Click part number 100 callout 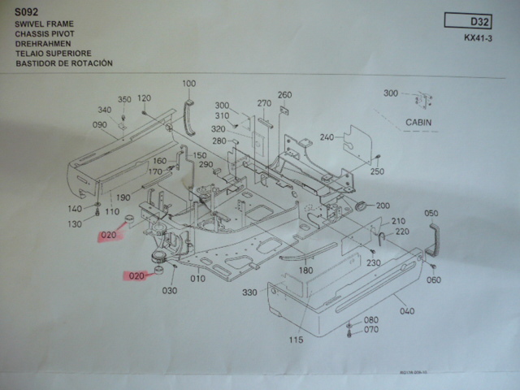(x=189, y=84)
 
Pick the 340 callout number (x=104, y=110)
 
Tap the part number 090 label (x=100, y=125)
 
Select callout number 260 (x=284, y=94)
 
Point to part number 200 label (x=383, y=206)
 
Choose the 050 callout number (x=431, y=213)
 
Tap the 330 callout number (x=249, y=292)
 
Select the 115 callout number (x=297, y=340)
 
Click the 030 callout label (x=170, y=290)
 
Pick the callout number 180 (x=305, y=271)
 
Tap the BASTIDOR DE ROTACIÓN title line (x=63, y=63)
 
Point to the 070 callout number (x=370, y=330)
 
